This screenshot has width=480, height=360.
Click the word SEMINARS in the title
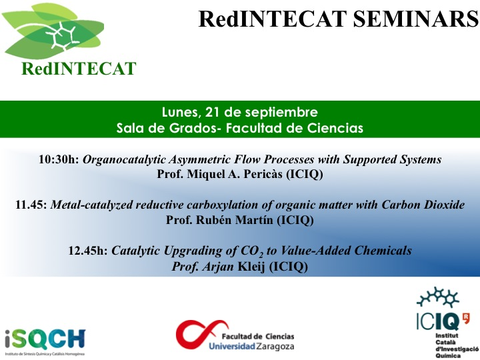tap(416, 19)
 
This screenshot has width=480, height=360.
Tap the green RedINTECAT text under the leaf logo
tap(79, 69)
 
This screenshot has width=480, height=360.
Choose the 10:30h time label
tap(59, 159)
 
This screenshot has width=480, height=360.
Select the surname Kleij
tap(251, 266)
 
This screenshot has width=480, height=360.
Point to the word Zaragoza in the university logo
tap(275, 347)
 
